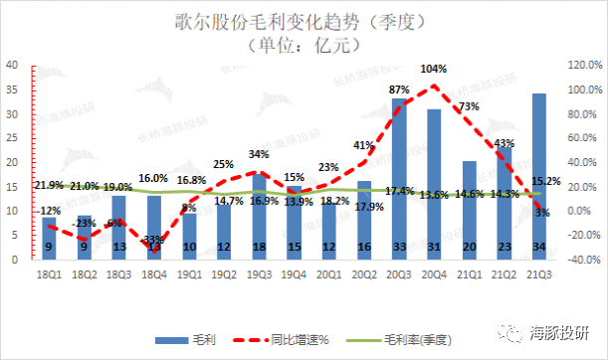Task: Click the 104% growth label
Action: [x=434, y=70]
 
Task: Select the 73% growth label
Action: [x=470, y=106]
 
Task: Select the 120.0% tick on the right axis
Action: [x=584, y=65]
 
